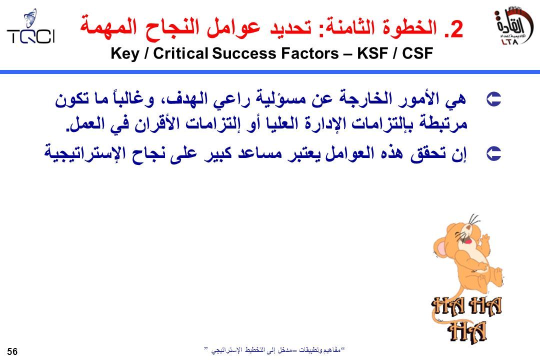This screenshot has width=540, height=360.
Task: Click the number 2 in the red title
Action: click(x=456, y=29)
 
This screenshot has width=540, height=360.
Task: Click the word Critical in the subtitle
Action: click(x=181, y=53)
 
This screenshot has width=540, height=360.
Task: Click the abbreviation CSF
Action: click(x=417, y=53)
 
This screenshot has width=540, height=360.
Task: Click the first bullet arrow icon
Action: click(x=493, y=99)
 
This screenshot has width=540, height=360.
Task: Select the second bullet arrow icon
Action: click(x=493, y=153)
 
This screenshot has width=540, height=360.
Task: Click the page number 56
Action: click(x=12, y=351)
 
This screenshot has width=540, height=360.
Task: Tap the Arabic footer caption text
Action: click(x=274, y=350)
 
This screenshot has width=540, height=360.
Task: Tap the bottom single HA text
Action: click(x=467, y=331)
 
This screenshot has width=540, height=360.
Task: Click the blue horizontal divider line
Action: click(x=270, y=72)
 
